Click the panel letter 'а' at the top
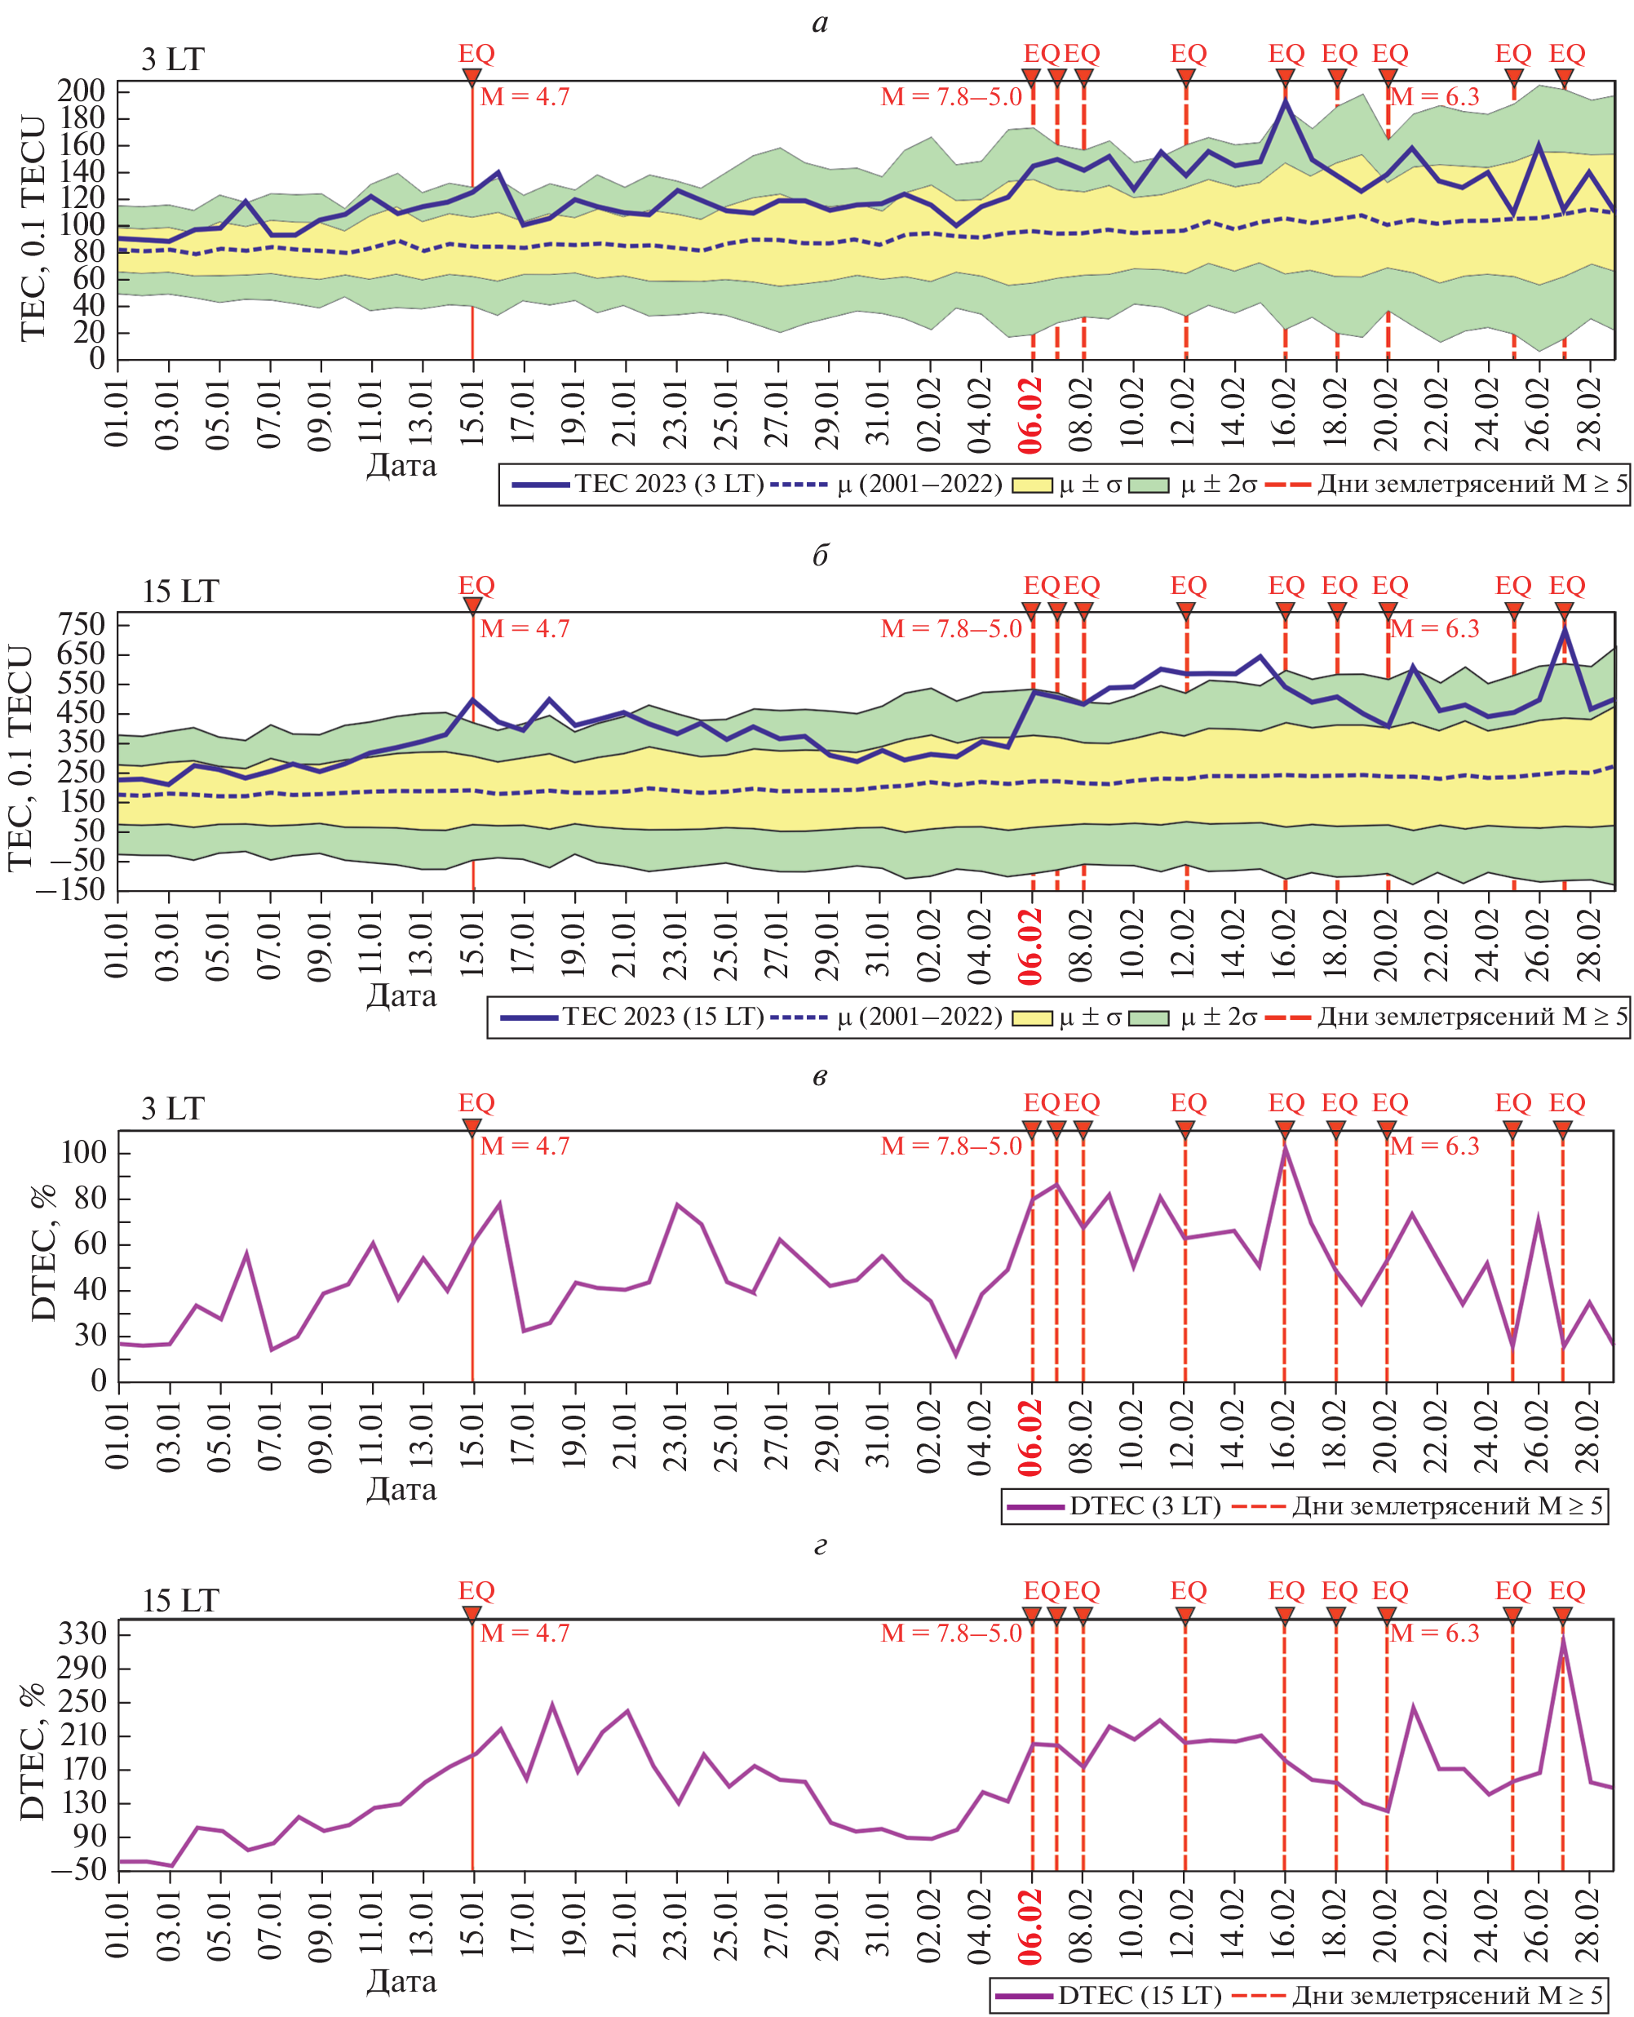[820, 23]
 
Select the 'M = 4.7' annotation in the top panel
[525, 97]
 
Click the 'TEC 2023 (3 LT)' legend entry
[669, 484]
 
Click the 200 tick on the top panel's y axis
[81, 91]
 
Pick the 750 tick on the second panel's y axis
[81, 624]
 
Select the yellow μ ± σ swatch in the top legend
[1032, 485]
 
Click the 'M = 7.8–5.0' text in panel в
[950, 1146]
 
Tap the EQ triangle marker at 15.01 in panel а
[472, 78]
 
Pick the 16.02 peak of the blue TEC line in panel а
[1286, 100]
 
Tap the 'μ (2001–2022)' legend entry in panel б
[919, 1017]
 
